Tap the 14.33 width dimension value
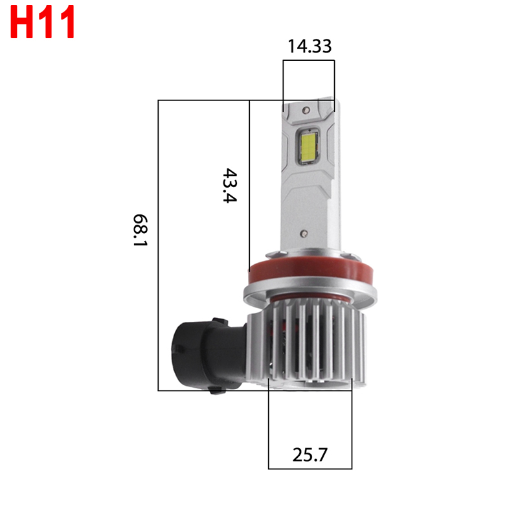pyautogui.click(x=310, y=46)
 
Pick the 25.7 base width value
pyautogui.click(x=310, y=455)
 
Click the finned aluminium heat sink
pyautogui.click(x=317, y=343)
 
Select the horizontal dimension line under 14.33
pyautogui.click(x=309, y=61)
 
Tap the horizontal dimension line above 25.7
pyautogui.click(x=310, y=467)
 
